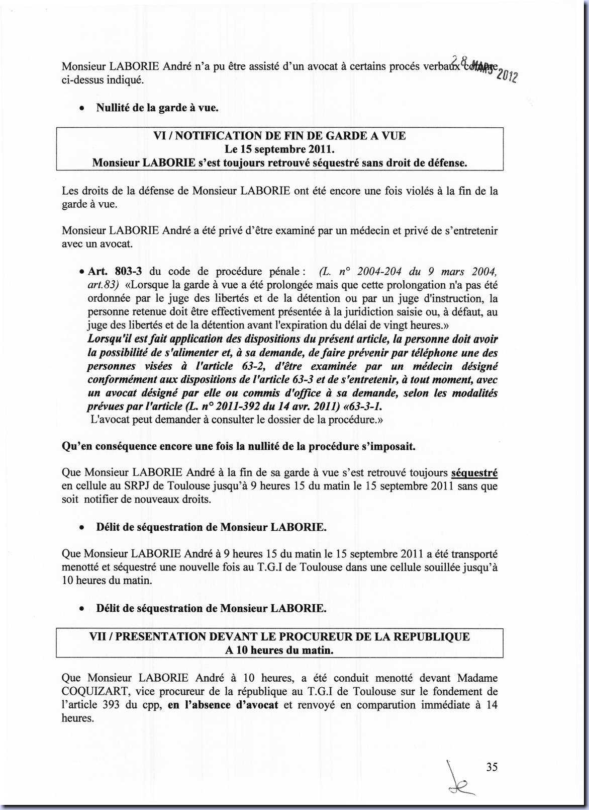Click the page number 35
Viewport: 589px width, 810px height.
click(492, 767)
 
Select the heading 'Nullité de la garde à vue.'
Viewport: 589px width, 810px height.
click(157, 108)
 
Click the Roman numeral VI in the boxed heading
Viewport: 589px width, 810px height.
click(159, 136)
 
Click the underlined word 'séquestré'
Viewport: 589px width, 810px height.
click(474, 473)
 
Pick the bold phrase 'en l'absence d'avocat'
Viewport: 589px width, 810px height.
click(223, 705)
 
